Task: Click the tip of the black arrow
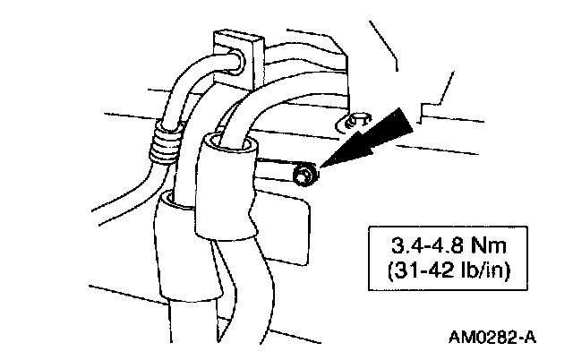(x=321, y=166)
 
